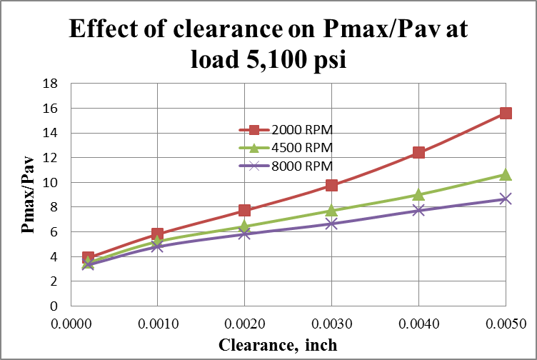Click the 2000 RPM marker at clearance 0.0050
click(x=506, y=113)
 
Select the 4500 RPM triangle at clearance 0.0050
click(x=506, y=174)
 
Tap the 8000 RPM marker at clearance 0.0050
click(x=506, y=199)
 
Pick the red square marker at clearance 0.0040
click(x=418, y=152)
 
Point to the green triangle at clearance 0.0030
click(x=331, y=210)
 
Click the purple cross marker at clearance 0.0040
click(x=418, y=210)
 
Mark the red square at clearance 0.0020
click(x=245, y=210)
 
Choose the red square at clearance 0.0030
click(x=331, y=185)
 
